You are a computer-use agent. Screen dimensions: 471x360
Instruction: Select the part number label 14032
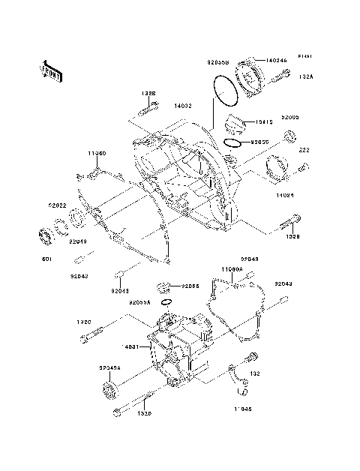184,107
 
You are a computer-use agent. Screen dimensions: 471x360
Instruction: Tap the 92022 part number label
58,204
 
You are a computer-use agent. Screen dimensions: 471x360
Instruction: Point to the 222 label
304,151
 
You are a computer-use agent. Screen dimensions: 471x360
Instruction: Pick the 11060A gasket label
232,268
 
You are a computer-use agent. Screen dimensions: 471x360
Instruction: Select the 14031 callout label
131,347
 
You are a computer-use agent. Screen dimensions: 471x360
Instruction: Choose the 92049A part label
110,367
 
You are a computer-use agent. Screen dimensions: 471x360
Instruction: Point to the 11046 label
241,409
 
